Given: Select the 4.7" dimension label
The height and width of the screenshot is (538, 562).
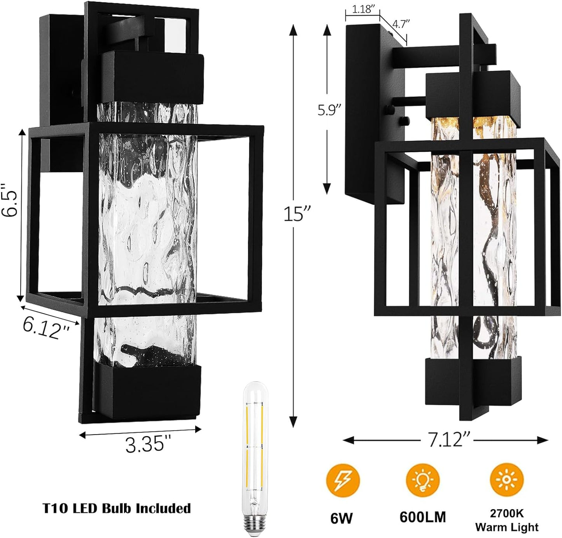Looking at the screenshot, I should tap(401, 24).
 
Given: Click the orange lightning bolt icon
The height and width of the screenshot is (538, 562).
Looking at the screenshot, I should tap(343, 479).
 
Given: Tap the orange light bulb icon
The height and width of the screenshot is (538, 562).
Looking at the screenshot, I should tap(423, 479).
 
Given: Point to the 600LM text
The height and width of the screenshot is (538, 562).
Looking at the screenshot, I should tap(423, 517).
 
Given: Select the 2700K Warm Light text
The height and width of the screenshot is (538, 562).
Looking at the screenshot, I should tap(506, 520).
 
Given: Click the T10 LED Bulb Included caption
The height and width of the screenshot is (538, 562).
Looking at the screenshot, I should tap(117, 508).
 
